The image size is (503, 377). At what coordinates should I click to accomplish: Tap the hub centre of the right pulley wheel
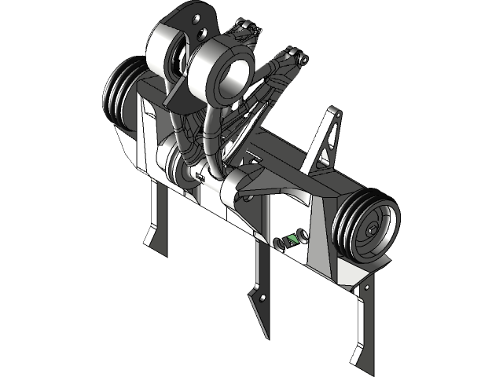(x=372, y=230)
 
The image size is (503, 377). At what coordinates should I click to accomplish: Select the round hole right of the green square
(x=303, y=232)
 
